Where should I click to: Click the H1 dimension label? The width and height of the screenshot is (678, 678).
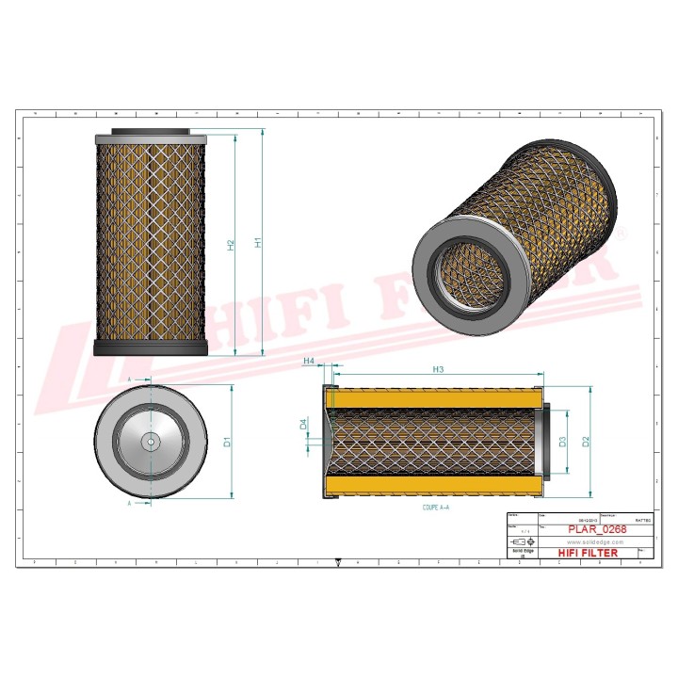point(258,242)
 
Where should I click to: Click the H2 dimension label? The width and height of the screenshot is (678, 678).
point(231,244)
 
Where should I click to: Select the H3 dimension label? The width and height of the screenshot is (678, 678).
point(439,369)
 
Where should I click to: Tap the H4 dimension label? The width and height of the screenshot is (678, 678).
point(307,362)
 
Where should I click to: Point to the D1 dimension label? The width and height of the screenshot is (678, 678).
point(226,441)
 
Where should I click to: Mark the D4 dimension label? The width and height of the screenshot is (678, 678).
point(303,425)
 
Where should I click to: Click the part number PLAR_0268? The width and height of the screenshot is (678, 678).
point(597,530)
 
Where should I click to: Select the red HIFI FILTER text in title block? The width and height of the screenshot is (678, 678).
point(589,553)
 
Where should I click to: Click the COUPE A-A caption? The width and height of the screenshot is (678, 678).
point(436,507)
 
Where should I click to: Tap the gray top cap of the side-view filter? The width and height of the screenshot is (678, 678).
point(151,134)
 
